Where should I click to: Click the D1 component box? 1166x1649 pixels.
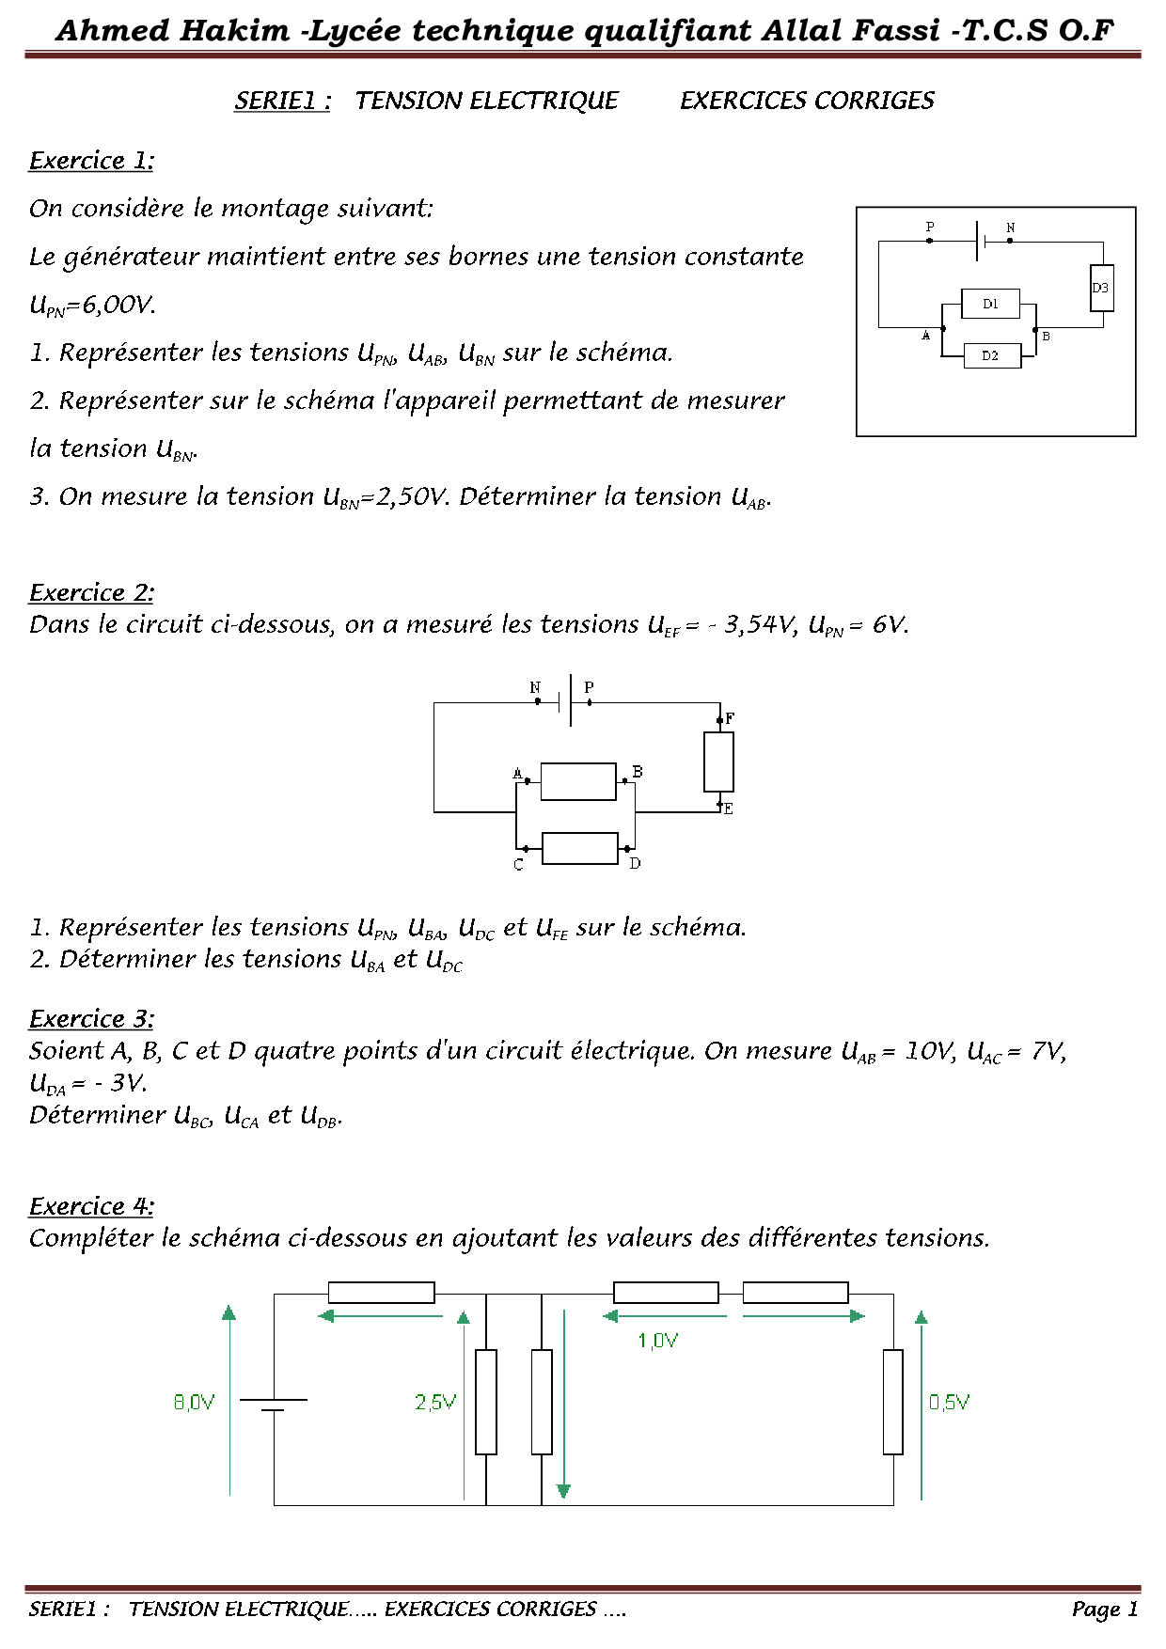coord(990,304)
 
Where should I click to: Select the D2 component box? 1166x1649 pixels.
coord(992,355)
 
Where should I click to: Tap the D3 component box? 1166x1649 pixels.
coord(1101,288)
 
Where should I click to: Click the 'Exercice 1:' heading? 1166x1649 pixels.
coord(91,161)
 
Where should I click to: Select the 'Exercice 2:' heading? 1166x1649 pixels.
coord(91,592)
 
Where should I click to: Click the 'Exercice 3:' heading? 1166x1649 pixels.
coord(91,1018)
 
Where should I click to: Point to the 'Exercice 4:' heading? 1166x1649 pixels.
coord(91,1206)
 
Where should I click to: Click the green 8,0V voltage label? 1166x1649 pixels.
coord(194,1402)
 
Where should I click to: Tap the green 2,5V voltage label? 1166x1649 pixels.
coord(435,1402)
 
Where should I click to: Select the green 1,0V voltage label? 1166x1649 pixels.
coord(657,1341)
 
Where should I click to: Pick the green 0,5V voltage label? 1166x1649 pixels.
coord(949,1402)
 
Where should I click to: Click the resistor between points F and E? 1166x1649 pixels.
coord(718,762)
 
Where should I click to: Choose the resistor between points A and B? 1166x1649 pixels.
coord(578,781)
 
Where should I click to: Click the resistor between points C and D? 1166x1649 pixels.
coord(580,848)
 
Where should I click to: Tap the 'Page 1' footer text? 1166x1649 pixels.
coord(1104,1609)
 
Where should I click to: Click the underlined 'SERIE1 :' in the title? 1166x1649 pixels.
coord(282,101)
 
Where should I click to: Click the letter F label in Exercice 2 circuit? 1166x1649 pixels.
coord(730,718)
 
